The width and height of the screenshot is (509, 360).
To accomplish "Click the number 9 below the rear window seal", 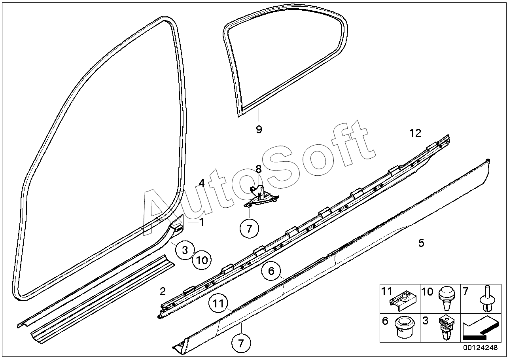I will pos(259,129).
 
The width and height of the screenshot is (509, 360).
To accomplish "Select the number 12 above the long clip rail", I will pos(416,133).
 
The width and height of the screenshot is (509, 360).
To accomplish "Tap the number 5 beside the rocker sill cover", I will pos(421,243).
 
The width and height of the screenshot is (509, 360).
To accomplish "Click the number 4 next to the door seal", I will pos(201,183).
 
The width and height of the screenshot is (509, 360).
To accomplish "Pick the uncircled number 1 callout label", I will pos(201,222).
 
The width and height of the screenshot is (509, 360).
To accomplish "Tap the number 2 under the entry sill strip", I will pos(163,292).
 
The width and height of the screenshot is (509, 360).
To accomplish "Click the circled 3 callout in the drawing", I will pos(185,250).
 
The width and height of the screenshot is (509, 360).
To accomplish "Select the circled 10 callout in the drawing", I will pos(202,260).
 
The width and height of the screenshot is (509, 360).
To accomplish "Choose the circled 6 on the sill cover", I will pos(271,271).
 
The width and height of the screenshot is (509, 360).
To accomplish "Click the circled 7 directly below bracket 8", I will pos(250,228).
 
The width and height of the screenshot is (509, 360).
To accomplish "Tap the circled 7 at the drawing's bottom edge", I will pos(241,343).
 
